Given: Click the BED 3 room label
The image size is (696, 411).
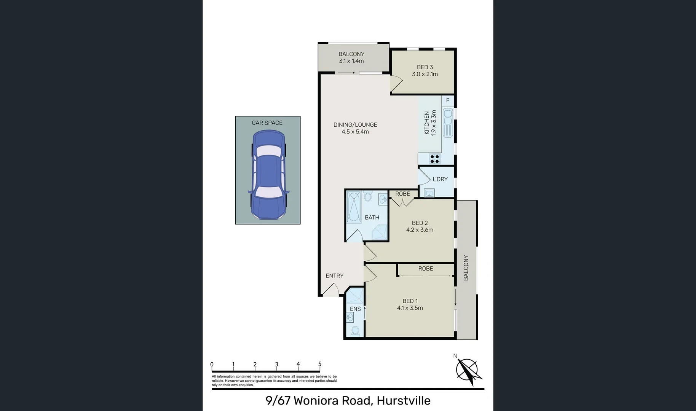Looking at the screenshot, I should pyautogui.click(x=425, y=67).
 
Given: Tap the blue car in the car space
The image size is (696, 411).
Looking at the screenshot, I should pyautogui.click(x=268, y=175).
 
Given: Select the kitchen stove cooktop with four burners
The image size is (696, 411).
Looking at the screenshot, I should pyautogui.click(x=434, y=159).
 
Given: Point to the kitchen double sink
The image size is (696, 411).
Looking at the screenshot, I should pyautogui.click(x=448, y=122).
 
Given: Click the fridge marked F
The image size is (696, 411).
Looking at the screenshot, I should pyautogui.click(x=448, y=100).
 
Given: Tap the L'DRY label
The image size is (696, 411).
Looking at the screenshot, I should pyautogui.click(x=440, y=179).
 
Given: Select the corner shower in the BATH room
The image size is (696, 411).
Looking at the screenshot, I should pyautogui.click(x=379, y=232).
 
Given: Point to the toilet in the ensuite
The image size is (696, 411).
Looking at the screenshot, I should pyautogui.click(x=355, y=331).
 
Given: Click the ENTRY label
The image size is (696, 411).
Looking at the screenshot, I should pyautogui.click(x=334, y=276).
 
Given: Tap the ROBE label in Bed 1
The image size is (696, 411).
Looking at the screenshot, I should pyautogui.click(x=425, y=269).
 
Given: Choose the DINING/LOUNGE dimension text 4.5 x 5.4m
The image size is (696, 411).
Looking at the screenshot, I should pyautogui.click(x=355, y=132).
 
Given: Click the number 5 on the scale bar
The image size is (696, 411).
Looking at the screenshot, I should pyautogui.click(x=320, y=364).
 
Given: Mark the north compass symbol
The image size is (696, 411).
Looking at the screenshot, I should pyautogui.click(x=467, y=370).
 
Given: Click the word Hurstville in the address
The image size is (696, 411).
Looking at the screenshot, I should pyautogui.click(x=403, y=401).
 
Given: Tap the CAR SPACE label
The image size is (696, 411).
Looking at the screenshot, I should pyautogui.click(x=267, y=123).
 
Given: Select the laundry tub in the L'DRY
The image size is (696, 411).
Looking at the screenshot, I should pyautogui.click(x=429, y=193).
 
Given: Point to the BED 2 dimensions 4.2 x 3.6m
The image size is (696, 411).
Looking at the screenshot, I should pyautogui.click(x=420, y=230).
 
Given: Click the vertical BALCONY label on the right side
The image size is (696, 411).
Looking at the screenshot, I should pyautogui.click(x=466, y=268).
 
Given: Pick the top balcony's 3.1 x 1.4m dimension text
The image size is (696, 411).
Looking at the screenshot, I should pyautogui.click(x=351, y=61).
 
